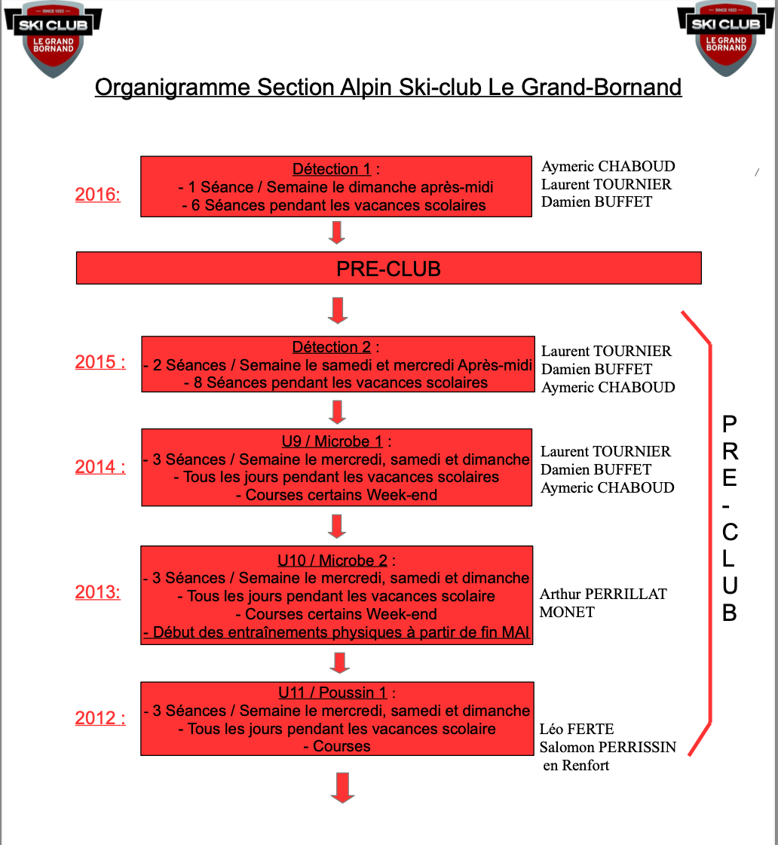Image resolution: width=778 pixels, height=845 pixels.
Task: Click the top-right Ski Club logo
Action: pos(726,38)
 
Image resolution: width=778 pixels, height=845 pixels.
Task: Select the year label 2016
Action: pos(97,194)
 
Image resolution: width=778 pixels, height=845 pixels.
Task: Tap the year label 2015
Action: pos(100,361)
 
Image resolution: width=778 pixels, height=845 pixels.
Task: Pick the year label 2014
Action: pos(100,466)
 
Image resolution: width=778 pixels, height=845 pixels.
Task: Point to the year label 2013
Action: pos(97,591)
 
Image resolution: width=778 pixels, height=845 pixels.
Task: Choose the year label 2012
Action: pos(100,717)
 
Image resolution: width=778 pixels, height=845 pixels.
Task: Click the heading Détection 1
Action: pos(332,169)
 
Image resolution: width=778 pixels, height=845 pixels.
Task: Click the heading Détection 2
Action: pos(332,347)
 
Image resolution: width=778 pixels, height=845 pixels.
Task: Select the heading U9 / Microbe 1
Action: pos(332,441)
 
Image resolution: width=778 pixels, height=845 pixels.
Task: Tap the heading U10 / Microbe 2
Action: pos(332,561)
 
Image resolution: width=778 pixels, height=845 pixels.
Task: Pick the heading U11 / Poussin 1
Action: pos(332,693)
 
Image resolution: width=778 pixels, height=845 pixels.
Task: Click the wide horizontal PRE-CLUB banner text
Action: pos(389,269)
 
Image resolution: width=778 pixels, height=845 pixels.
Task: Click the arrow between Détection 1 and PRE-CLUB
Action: pos(337,233)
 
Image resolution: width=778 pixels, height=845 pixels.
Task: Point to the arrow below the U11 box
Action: pos(342,788)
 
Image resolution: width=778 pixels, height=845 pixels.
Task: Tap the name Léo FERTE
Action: pos(577,729)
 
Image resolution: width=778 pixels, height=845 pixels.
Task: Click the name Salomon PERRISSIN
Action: pos(608,748)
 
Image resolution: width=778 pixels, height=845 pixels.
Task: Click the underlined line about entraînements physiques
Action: pos(336,632)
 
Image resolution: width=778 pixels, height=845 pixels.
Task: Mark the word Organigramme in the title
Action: pos(173,88)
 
